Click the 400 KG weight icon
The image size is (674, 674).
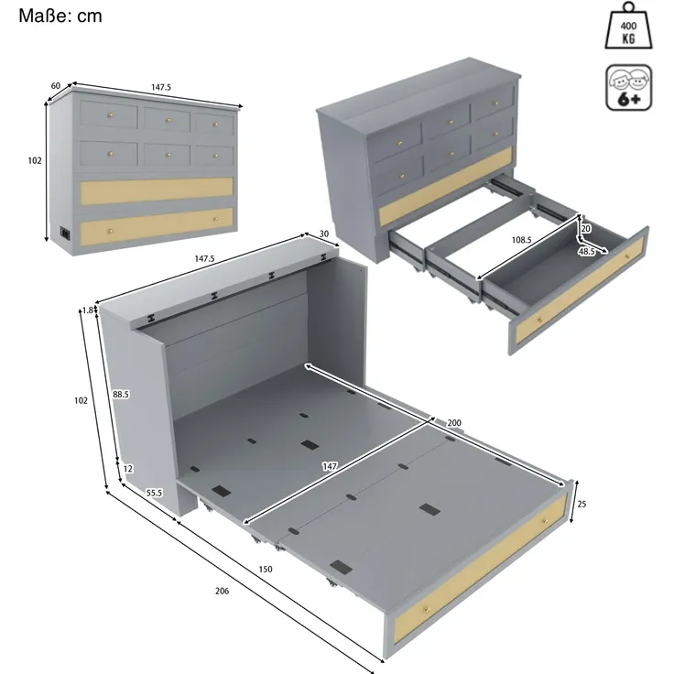click(x=628, y=26)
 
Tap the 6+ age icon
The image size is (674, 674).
click(x=629, y=88)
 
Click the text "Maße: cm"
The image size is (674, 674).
click(x=60, y=16)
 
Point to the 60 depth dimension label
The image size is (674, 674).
click(x=56, y=86)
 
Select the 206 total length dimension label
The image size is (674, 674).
click(x=222, y=591)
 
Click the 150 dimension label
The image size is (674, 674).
click(x=266, y=569)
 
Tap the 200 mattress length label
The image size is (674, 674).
click(x=454, y=423)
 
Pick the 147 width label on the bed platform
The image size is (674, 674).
click(x=330, y=466)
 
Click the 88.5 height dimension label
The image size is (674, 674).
click(x=121, y=394)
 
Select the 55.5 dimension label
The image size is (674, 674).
click(x=154, y=493)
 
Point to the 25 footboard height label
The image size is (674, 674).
click(x=582, y=504)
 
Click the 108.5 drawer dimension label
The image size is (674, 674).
click(x=521, y=240)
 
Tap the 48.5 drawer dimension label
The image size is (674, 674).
click(x=586, y=252)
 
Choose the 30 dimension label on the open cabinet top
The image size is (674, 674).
click(x=324, y=234)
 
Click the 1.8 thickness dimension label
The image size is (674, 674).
click(x=88, y=310)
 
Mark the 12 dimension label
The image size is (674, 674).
click(x=127, y=469)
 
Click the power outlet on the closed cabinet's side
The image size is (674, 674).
click(x=65, y=233)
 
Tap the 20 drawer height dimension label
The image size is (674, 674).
click(x=586, y=229)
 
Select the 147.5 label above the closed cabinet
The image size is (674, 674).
click(x=161, y=87)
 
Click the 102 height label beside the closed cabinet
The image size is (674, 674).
click(x=35, y=160)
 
